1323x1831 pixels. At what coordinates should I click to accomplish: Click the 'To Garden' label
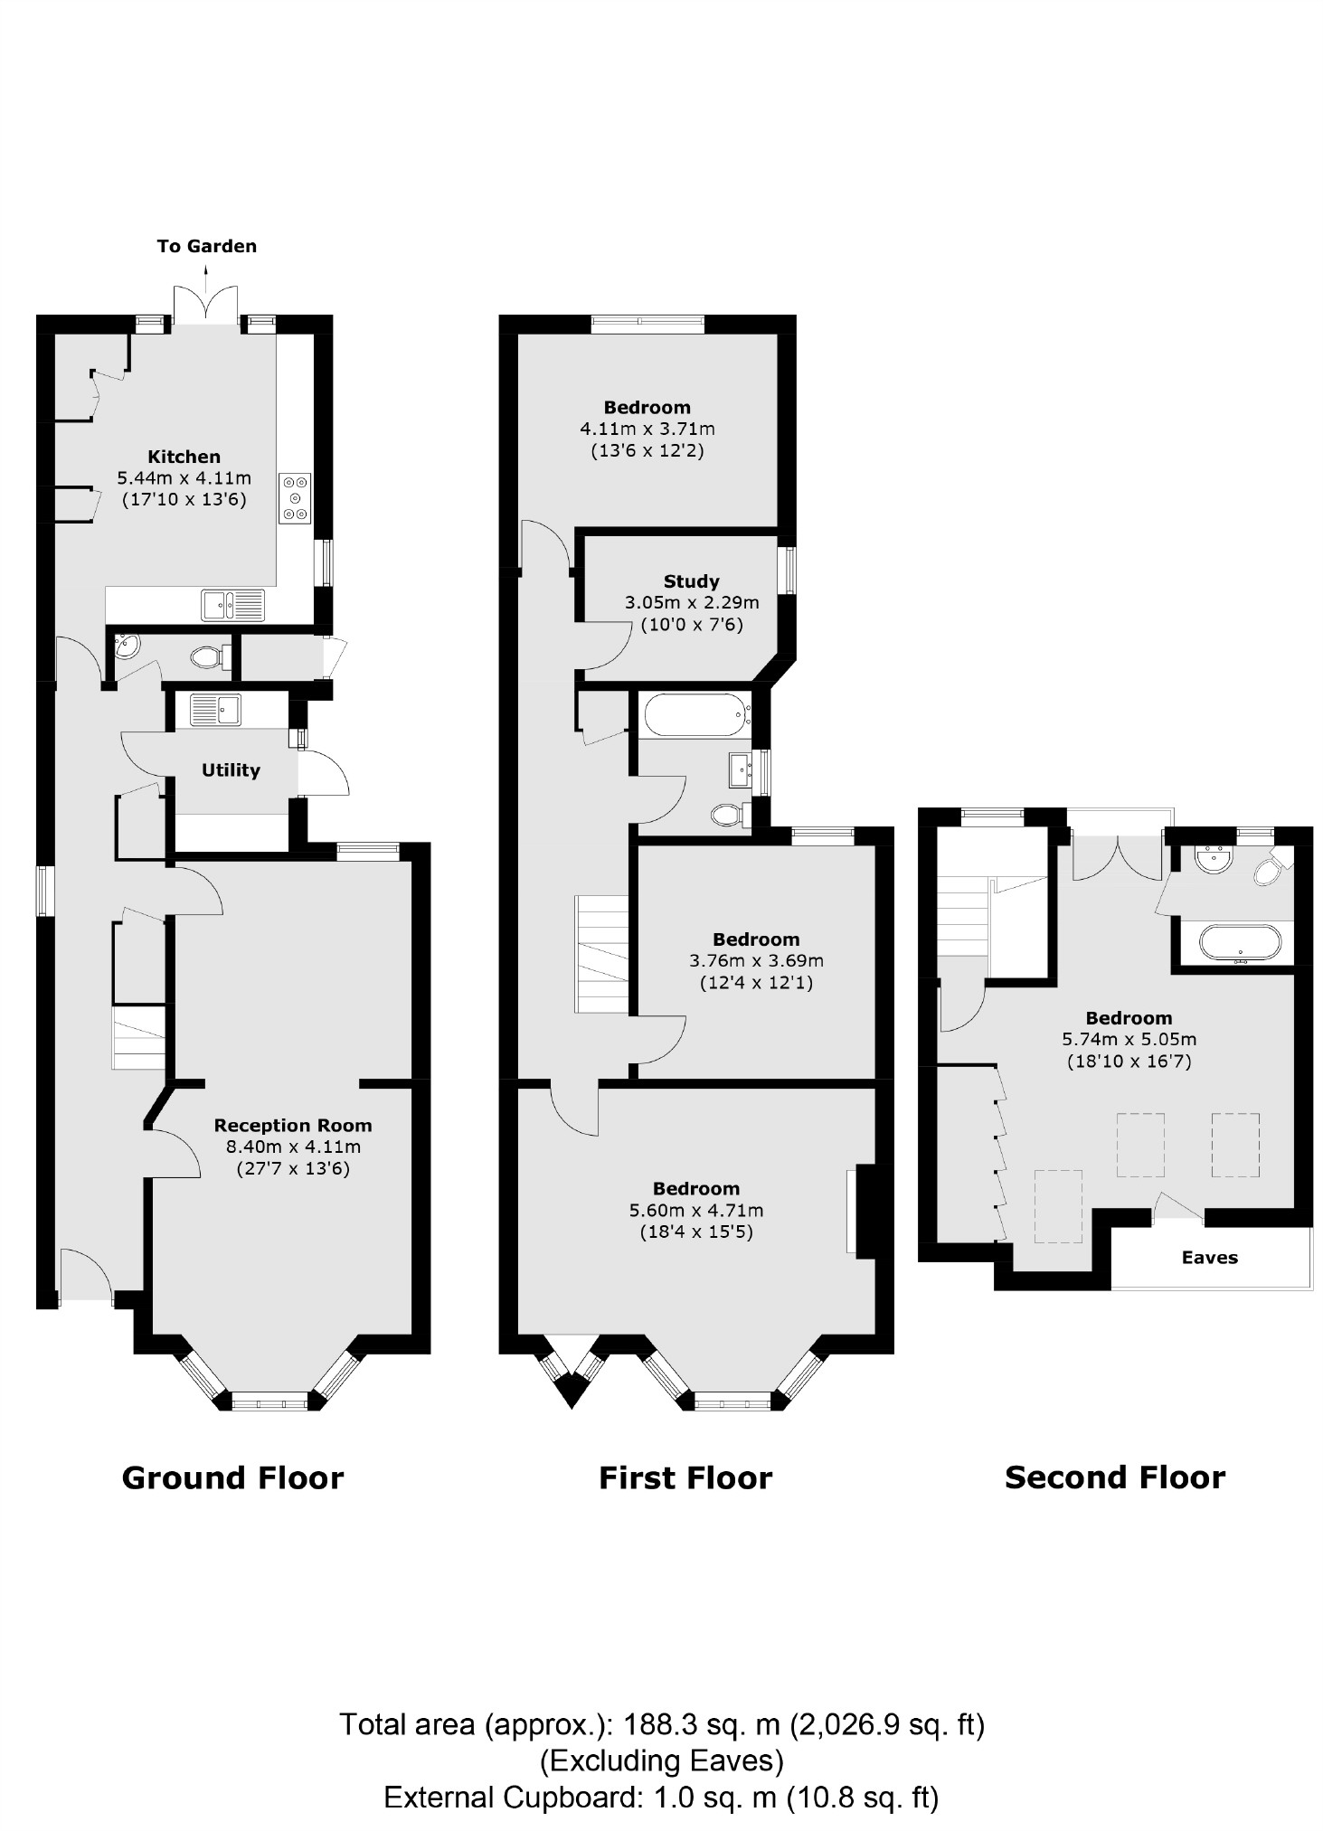206,246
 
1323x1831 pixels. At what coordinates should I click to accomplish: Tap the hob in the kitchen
295,497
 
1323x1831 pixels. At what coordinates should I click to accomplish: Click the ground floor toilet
209,656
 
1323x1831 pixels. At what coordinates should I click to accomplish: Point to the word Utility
231,770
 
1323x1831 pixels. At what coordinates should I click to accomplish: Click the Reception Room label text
293,1126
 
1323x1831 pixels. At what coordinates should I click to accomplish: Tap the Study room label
691,581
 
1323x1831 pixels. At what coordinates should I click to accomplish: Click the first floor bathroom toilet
729,816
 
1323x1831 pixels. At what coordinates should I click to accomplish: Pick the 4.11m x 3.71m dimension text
647,429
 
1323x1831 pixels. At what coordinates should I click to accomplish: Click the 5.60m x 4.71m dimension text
695,1210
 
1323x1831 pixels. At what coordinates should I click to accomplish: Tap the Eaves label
1209,1258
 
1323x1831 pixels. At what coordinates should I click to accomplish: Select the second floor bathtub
1240,945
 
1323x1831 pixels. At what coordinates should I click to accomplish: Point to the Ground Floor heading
232,1477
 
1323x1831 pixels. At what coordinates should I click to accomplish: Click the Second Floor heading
1114,1477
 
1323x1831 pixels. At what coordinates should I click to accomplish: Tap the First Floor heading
685,1478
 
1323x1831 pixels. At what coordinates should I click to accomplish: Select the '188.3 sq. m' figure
693,1725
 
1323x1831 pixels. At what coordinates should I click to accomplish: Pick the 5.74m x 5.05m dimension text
1129,1040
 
